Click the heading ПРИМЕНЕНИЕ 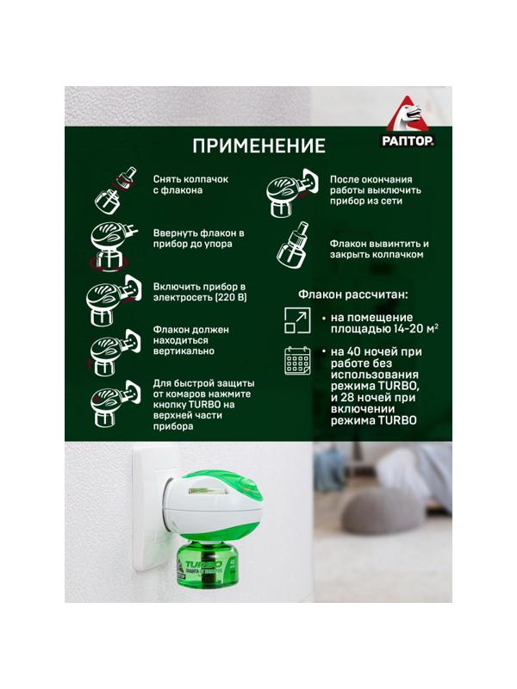[x=259, y=146]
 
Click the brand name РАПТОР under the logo [x=408, y=140]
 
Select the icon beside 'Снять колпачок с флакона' [x=115, y=189]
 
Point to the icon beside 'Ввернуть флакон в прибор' [x=113, y=245]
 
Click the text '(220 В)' [x=231, y=297]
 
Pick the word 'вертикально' [x=184, y=351]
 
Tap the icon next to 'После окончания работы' [x=292, y=192]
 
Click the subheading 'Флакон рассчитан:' [x=353, y=295]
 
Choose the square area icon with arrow [x=297, y=320]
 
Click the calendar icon [x=297, y=361]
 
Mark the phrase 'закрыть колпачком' [x=377, y=255]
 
